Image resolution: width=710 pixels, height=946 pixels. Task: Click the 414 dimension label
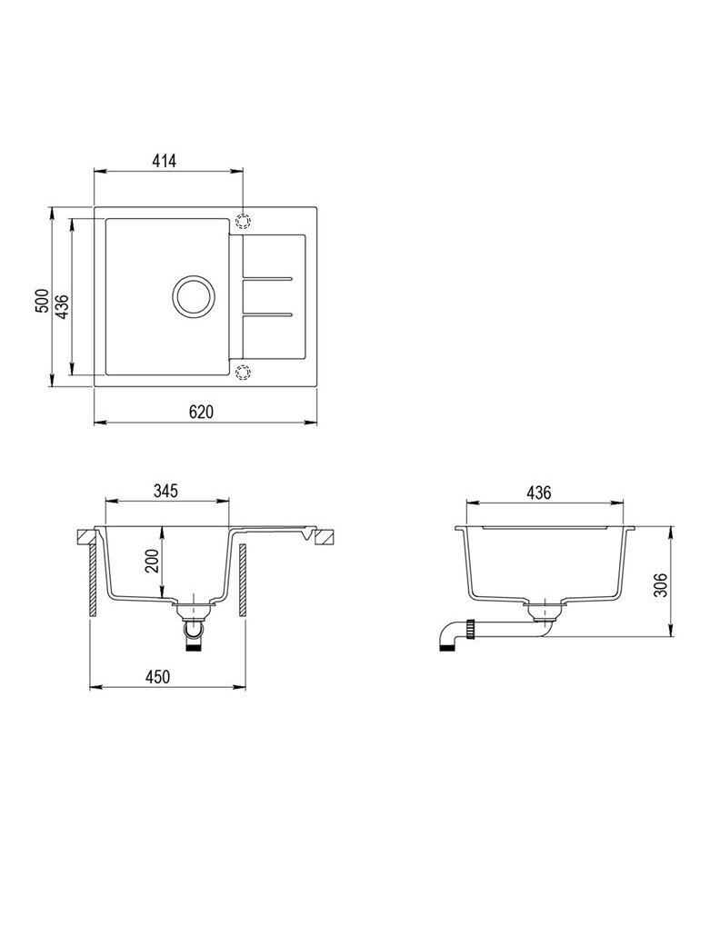pyautogui.click(x=165, y=161)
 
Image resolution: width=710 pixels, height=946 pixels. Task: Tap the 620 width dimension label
pyautogui.click(x=201, y=412)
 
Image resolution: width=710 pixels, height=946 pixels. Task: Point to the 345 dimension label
pyautogui.click(x=165, y=491)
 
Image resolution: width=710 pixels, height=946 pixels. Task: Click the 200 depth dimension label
pyautogui.click(x=153, y=561)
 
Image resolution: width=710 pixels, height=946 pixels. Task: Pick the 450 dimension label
pyautogui.click(x=157, y=677)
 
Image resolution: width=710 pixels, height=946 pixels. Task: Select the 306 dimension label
pyautogui.click(x=662, y=584)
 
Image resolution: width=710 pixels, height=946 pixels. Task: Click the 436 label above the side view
pyautogui.click(x=538, y=493)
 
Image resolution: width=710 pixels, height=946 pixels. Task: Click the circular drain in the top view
pyautogui.click(x=194, y=296)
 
